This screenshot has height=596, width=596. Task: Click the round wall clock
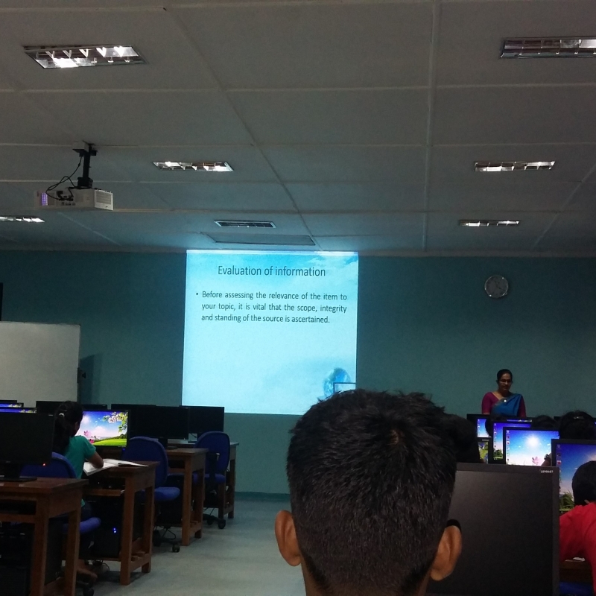click(x=496, y=286)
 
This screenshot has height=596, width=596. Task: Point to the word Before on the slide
click(x=212, y=294)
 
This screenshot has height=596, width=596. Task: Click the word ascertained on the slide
click(x=310, y=320)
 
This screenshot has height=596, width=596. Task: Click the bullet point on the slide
click(x=197, y=294)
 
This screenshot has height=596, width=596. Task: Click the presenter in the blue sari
click(x=504, y=396)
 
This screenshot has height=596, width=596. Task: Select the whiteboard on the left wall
click(x=39, y=363)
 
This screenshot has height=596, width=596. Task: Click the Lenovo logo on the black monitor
click(x=545, y=472)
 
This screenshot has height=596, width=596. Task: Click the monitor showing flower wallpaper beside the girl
click(x=104, y=428)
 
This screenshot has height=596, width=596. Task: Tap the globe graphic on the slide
click(x=337, y=382)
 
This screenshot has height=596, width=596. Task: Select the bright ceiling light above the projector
click(x=84, y=57)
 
